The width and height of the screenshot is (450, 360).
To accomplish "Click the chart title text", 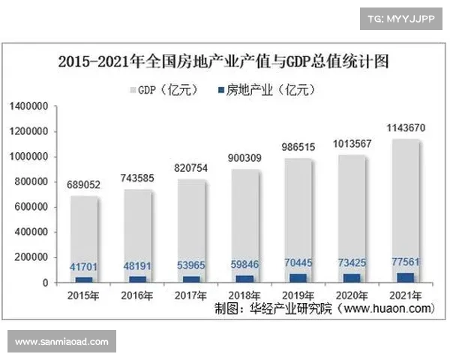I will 224,61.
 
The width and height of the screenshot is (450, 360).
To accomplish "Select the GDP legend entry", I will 166,90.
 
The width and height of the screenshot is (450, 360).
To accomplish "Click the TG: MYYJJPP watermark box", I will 400,16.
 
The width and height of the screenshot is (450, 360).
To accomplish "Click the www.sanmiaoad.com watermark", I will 62,342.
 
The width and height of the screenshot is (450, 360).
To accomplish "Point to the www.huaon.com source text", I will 388,308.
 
